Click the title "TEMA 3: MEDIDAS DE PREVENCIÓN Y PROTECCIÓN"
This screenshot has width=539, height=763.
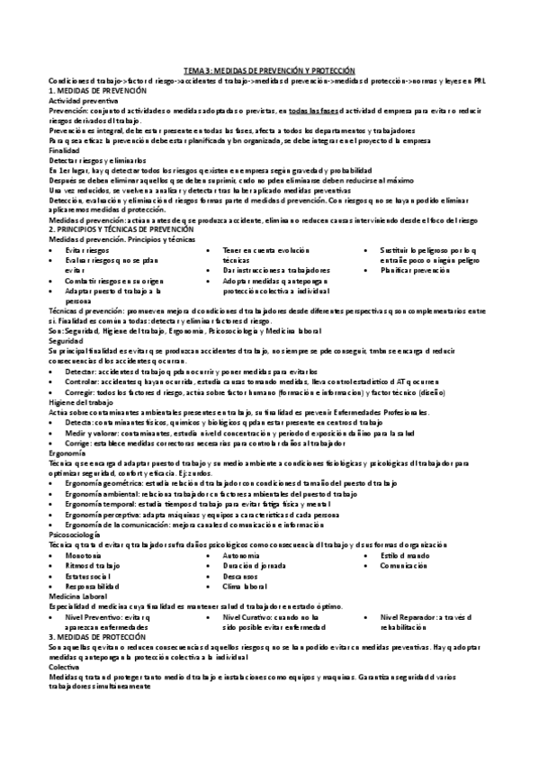click(x=269, y=70)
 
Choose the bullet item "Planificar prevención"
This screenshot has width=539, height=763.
click(x=414, y=270)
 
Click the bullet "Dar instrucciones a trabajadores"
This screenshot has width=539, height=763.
click(x=277, y=270)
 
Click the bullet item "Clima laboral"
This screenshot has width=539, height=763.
click(x=244, y=587)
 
